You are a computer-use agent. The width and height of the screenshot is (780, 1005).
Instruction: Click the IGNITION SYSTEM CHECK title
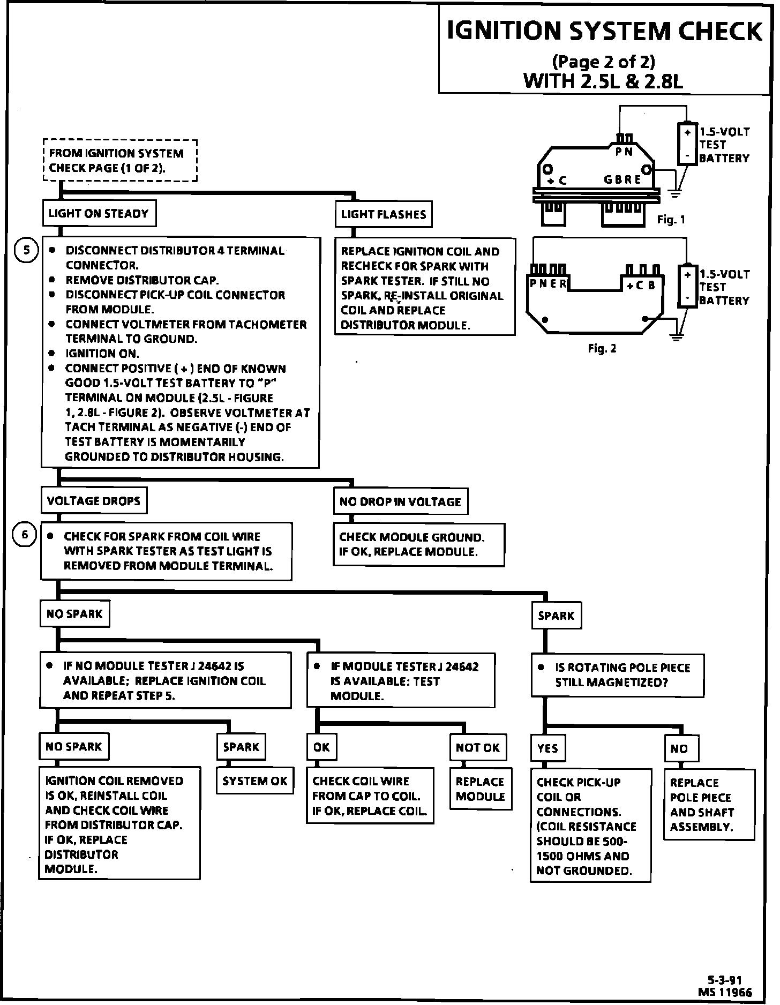pyautogui.click(x=604, y=32)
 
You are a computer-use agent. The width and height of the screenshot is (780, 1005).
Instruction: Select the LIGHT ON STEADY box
pyautogui.click(x=99, y=214)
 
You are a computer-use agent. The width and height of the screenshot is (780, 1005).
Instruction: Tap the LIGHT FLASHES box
pyautogui.click(x=383, y=215)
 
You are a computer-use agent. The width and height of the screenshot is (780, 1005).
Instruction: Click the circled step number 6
pyautogui.click(x=25, y=535)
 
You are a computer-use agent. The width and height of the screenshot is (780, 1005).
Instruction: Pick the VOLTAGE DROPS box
pyautogui.click(x=94, y=501)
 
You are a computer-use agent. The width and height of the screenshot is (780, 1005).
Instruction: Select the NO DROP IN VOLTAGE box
pyautogui.click(x=400, y=502)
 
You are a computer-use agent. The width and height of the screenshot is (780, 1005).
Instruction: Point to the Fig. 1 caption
pyautogui.click(x=671, y=220)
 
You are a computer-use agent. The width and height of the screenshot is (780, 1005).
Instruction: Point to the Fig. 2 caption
pyautogui.click(x=602, y=349)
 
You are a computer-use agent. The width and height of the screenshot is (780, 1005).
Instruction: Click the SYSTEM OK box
pyautogui.click(x=255, y=781)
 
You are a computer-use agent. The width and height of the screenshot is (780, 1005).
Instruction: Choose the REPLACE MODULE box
pyautogui.click(x=480, y=789)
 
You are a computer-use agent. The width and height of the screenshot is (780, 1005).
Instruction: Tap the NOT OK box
pyautogui.click(x=477, y=747)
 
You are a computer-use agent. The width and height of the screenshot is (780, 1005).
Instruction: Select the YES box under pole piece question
pyautogui.click(x=547, y=748)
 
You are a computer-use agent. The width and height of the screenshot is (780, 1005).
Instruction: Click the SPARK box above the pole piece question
pyautogui.click(x=556, y=616)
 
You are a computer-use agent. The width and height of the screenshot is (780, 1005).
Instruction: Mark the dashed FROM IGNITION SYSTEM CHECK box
pyautogui.click(x=120, y=160)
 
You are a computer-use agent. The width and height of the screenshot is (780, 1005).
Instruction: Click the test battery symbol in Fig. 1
pyautogui.click(x=687, y=143)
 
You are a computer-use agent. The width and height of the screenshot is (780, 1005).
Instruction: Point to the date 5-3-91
pyautogui.click(x=724, y=980)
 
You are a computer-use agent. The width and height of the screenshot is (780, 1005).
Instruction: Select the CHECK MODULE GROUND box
pyautogui.click(x=419, y=544)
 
